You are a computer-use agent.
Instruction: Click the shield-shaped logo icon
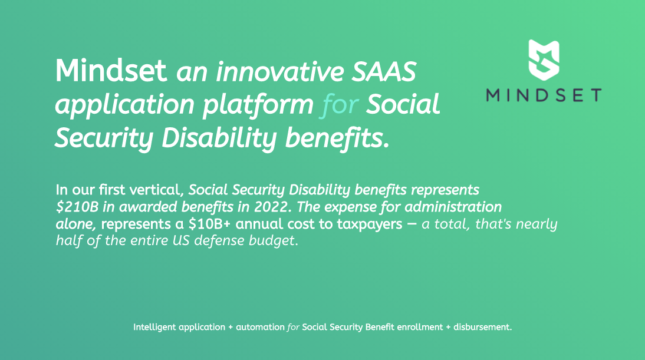pyautogui.click(x=544, y=60)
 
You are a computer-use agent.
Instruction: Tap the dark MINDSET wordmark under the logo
pyautogui.click(x=544, y=95)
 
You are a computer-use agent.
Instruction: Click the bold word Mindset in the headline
pyautogui.click(x=111, y=71)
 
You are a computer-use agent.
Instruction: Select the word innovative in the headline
pyautogui.click(x=279, y=71)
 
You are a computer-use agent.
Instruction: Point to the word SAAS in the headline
pyautogui.click(x=384, y=71)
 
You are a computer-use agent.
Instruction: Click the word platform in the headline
pyautogui.click(x=258, y=105)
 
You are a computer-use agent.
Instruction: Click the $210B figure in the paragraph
pyautogui.click(x=77, y=207)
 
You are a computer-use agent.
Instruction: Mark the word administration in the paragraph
pyautogui.click(x=453, y=207)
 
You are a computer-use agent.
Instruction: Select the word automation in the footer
pyautogui.click(x=260, y=328)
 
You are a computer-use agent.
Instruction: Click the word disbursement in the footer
pyautogui.click(x=482, y=327)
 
